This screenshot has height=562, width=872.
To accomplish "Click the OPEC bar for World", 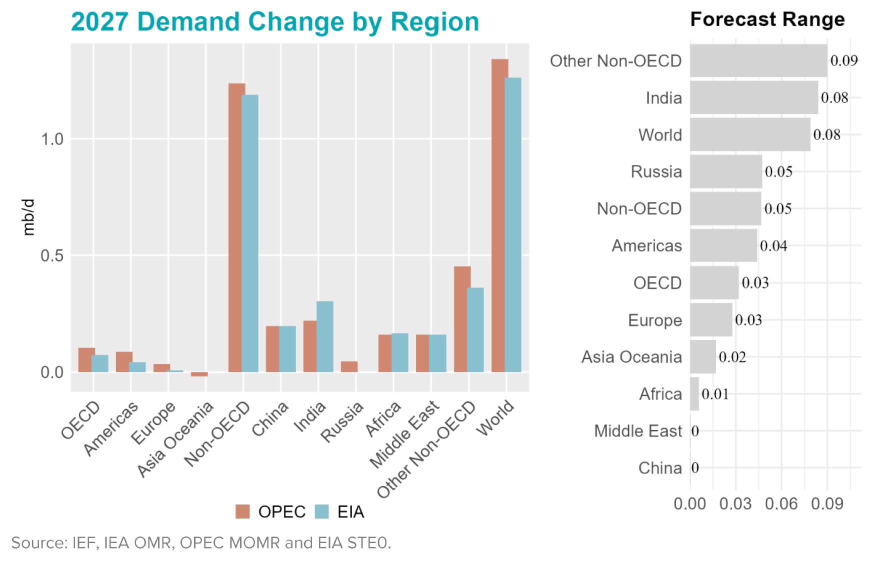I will (x=499, y=215).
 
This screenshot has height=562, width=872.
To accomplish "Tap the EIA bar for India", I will (x=325, y=336).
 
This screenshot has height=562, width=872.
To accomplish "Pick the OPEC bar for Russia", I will (x=349, y=366).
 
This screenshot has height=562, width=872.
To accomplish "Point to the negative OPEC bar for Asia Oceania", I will (x=199, y=374).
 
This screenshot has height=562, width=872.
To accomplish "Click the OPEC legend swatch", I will (x=242, y=511).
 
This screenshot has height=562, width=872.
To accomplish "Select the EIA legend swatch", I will (x=322, y=511).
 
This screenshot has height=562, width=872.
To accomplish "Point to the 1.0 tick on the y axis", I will (x=52, y=139).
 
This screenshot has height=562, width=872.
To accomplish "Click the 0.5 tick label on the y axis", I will (x=52, y=256).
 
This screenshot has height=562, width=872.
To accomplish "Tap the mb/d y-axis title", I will (x=29, y=217).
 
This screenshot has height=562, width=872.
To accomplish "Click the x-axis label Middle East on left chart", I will (x=405, y=435).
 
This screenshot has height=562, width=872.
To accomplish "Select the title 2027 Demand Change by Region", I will (x=274, y=22).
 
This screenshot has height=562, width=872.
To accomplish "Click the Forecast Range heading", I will (x=767, y=19).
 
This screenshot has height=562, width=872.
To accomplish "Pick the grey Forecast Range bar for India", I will (x=753, y=97).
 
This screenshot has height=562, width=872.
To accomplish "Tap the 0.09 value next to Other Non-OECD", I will (x=843, y=60).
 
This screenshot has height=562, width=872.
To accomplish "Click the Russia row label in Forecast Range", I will (x=656, y=171).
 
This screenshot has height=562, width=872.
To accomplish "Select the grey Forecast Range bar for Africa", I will (x=694, y=394).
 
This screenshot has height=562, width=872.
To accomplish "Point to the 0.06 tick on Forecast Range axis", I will (x=781, y=503).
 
